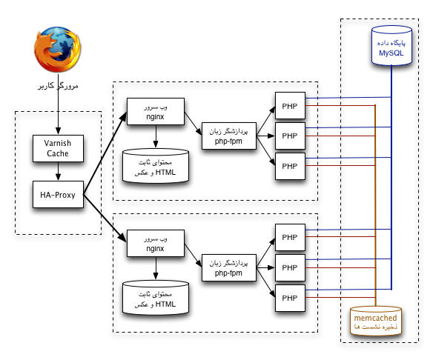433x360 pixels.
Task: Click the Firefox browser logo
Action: [x=57, y=50]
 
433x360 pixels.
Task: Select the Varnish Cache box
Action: [x=58, y=148]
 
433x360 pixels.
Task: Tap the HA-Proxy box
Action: [x=58, y=195]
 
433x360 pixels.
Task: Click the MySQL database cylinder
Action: [x=391, y=45]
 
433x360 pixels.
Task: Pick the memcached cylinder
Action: [x=376, y=321]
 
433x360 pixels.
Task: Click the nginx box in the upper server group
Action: [x=156, y=111]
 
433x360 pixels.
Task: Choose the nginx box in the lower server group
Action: [x=156, y=243]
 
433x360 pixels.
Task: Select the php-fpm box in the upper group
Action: [x=229, y=136]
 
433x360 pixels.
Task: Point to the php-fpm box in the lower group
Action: [x=229, y=268]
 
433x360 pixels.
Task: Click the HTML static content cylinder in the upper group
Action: [x=156, y=166]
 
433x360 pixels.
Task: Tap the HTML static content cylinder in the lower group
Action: [x=156, y=298]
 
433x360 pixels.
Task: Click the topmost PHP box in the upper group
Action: [x=290, y=106]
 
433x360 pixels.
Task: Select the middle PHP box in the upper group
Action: [x=290, y=136]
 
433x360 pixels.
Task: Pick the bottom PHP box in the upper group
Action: [x=290, y=167]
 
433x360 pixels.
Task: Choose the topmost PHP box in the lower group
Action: [x=290, y=237]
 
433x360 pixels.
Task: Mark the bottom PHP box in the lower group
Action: [x=290, y=298]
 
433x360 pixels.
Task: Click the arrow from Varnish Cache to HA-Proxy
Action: [x=58, y=171]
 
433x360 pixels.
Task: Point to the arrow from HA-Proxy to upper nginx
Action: [x=105, y=153]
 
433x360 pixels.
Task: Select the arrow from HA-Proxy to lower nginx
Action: [x=105, y=219]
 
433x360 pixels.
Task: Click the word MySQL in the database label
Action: [x=391, y=53]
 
